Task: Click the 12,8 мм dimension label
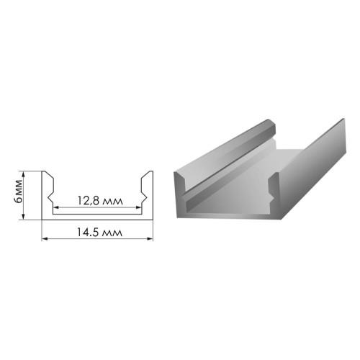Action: [x=100, y=201]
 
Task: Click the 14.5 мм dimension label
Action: [x=99, y=232]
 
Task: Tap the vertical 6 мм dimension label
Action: [x=19, y=192]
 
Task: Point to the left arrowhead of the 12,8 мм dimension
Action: [x=55, y=207]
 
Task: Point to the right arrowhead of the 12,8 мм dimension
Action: [x=138, y=207]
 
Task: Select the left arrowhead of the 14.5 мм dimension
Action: [x=45, y=238]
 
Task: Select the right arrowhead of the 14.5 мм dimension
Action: [x=150, y=238]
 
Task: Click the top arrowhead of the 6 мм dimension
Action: [x=23, y=174]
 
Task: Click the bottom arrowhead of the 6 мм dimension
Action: [x=23, y=217]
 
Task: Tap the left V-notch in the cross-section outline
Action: [x=50, y=197]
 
